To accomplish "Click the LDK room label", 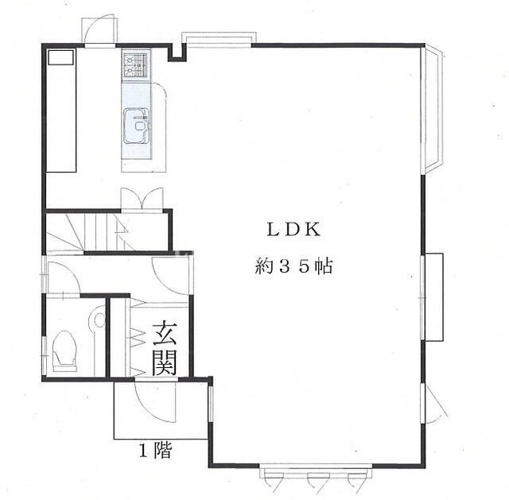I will tap(292, 230).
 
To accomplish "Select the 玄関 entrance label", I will tap(165, 347).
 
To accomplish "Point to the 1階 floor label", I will tap(154, 452).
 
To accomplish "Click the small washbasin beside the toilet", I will tap(99, 321).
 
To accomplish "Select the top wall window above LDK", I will tap(220, 39).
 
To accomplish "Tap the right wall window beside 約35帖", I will tap(433, 297).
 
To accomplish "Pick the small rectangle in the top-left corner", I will tap(60, 58).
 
